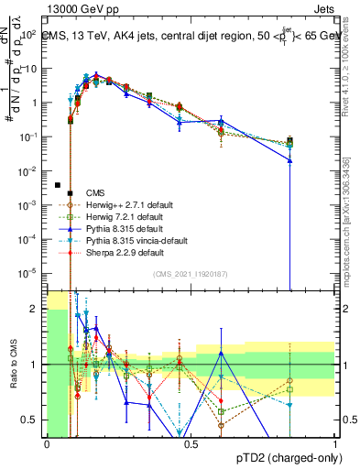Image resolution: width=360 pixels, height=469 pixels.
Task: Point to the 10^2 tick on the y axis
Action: [x=29, y=35]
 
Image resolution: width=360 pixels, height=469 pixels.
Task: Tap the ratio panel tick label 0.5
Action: [x=32, y=420]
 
